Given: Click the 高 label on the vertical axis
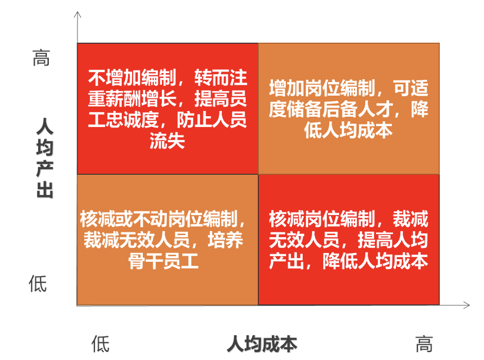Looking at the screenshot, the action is (x=41, y=58).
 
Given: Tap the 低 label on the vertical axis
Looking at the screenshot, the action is (x=38, y=284).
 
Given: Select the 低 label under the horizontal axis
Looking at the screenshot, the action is (x=100, y=344).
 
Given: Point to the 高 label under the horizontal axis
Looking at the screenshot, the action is (x=424, y=344).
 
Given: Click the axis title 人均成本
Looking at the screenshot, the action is (x=262, y=344).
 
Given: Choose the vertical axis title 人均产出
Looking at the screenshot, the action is (x=45, y=157).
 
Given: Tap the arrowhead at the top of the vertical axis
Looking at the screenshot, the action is (x=78, y=14).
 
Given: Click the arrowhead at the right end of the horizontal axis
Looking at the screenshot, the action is (x=467, y=305).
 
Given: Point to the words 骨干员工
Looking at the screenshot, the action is (x=163, y=261).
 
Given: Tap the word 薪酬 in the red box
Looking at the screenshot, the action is (x=123, y=99).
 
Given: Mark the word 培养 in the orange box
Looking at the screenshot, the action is (x=226, y=240).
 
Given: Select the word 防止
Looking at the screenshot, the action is (x=194, y=120).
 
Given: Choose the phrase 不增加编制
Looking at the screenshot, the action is (x=132, y=78).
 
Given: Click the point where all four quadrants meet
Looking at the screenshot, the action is (x=258, y=174).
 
